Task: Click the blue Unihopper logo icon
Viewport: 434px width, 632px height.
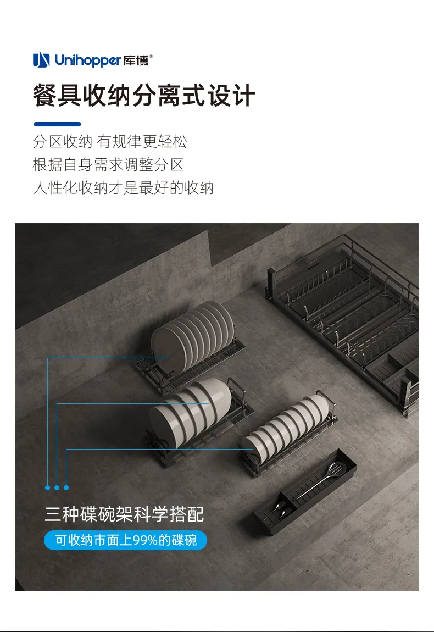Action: pos(41,60)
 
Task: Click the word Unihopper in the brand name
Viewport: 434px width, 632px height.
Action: pos(87,60)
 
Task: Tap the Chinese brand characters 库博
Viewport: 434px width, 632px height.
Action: pos(136,60)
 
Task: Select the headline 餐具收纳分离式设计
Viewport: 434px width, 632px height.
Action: pos(144,96)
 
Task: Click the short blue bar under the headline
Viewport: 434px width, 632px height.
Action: pos(57,124)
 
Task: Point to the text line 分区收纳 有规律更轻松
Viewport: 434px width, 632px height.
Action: pos(110,141)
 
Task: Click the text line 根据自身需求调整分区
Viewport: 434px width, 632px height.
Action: pos(108,164)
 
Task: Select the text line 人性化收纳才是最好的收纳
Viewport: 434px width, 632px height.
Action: pos(123,188)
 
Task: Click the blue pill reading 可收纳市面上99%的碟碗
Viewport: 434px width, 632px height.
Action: pos(125,540)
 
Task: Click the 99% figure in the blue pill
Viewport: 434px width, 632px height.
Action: pos(145,540)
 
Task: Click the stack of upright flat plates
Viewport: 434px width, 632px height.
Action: pos(193,336)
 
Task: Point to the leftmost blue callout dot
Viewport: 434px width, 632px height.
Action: pos(48,487)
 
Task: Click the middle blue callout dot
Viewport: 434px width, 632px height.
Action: pos(57,487)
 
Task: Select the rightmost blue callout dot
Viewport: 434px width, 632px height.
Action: pos(66,487)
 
